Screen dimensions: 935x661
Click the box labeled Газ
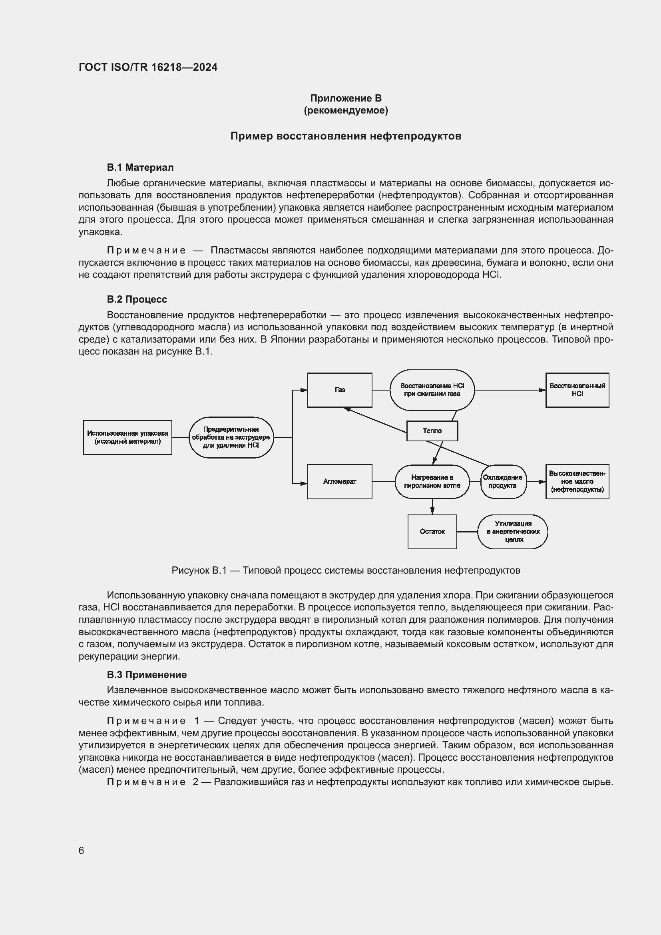point(339,390)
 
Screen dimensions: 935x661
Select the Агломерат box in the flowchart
point(339,481)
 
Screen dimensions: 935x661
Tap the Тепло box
point(432,431)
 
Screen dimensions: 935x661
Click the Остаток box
point(432,531)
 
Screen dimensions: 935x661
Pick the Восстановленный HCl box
point(577,390)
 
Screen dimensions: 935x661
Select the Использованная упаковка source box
point(127,437)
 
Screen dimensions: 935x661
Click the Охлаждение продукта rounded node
point(503,481)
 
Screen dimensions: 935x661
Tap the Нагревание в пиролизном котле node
point(432,481)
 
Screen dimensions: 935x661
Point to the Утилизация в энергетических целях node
point(512,531)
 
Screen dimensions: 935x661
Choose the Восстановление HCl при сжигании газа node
point(432,390)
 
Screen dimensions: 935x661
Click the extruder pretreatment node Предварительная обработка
point(231,437)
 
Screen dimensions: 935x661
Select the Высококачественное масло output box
point(577,481)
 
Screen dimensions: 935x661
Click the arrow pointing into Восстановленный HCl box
point(542,390)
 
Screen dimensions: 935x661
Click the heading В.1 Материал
point(140,167)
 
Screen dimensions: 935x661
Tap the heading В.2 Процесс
point(137,299)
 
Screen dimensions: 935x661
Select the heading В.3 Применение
point(147,675)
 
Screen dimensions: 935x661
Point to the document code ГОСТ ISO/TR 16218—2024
point(148,67)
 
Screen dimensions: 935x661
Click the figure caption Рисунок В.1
point(346,570)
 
